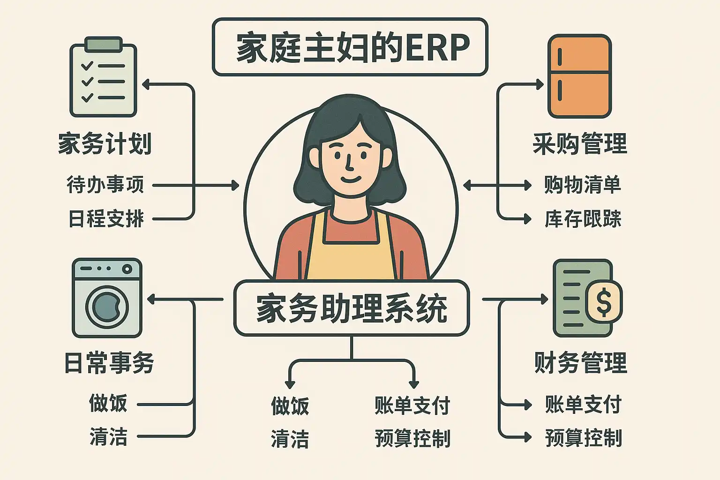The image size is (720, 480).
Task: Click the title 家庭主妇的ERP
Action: click(350, 47)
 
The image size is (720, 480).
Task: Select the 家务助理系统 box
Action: click(351, 308)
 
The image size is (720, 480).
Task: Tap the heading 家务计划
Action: click(105, 143)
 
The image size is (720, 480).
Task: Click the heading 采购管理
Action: click(580, 143)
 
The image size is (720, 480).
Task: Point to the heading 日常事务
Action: click(109, 363)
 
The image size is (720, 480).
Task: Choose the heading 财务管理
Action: click(581, 363)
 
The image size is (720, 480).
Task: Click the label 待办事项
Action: click(105, 185)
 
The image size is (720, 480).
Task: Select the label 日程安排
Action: click(106, 218)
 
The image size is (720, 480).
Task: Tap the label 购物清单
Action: click(583, 185)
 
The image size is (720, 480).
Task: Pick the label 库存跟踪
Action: click(583, 219)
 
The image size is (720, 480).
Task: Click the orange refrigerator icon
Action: click(580, 76)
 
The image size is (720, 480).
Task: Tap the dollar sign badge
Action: click(604, 301)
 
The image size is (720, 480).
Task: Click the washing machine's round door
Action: click(107, 307)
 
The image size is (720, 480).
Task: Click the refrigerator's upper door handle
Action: click(560, 58)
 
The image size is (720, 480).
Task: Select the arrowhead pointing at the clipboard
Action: click(146, 84)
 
